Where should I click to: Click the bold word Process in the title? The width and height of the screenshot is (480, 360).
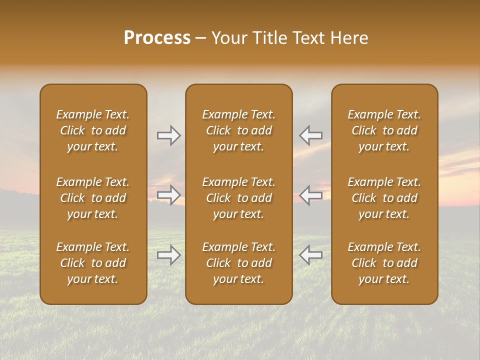(x=157, y=38)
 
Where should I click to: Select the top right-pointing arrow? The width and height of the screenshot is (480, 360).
(x=168, y=135)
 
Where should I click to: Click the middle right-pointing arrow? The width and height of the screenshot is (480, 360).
(x=168, y=195)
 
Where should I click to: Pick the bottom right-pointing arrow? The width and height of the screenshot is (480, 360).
(x=168, y=255)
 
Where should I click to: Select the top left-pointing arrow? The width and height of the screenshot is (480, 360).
(x=311, y=135)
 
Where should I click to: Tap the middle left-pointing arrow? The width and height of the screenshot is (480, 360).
(x=311, y=195)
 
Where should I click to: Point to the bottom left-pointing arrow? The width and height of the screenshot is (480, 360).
(x=311, y=255)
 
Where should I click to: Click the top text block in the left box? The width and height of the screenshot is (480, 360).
(x=93, y=130)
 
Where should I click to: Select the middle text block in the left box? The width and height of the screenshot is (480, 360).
(x=93, y=198)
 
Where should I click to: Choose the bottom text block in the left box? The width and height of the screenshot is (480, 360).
(x=93, y=263)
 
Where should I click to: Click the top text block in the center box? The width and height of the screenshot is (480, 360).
(x=239, y=130)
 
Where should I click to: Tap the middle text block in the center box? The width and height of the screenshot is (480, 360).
(x=239, y=198)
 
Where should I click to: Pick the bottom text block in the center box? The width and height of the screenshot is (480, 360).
(x=239, y=263)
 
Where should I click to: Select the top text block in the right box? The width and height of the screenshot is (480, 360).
(x=384, y=130)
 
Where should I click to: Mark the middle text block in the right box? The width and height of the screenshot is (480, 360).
(x=384, y=198)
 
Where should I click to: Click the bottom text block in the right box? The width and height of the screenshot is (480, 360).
(x=384, y=263)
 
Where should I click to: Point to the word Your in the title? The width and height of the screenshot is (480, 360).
(x=227, y=38)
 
